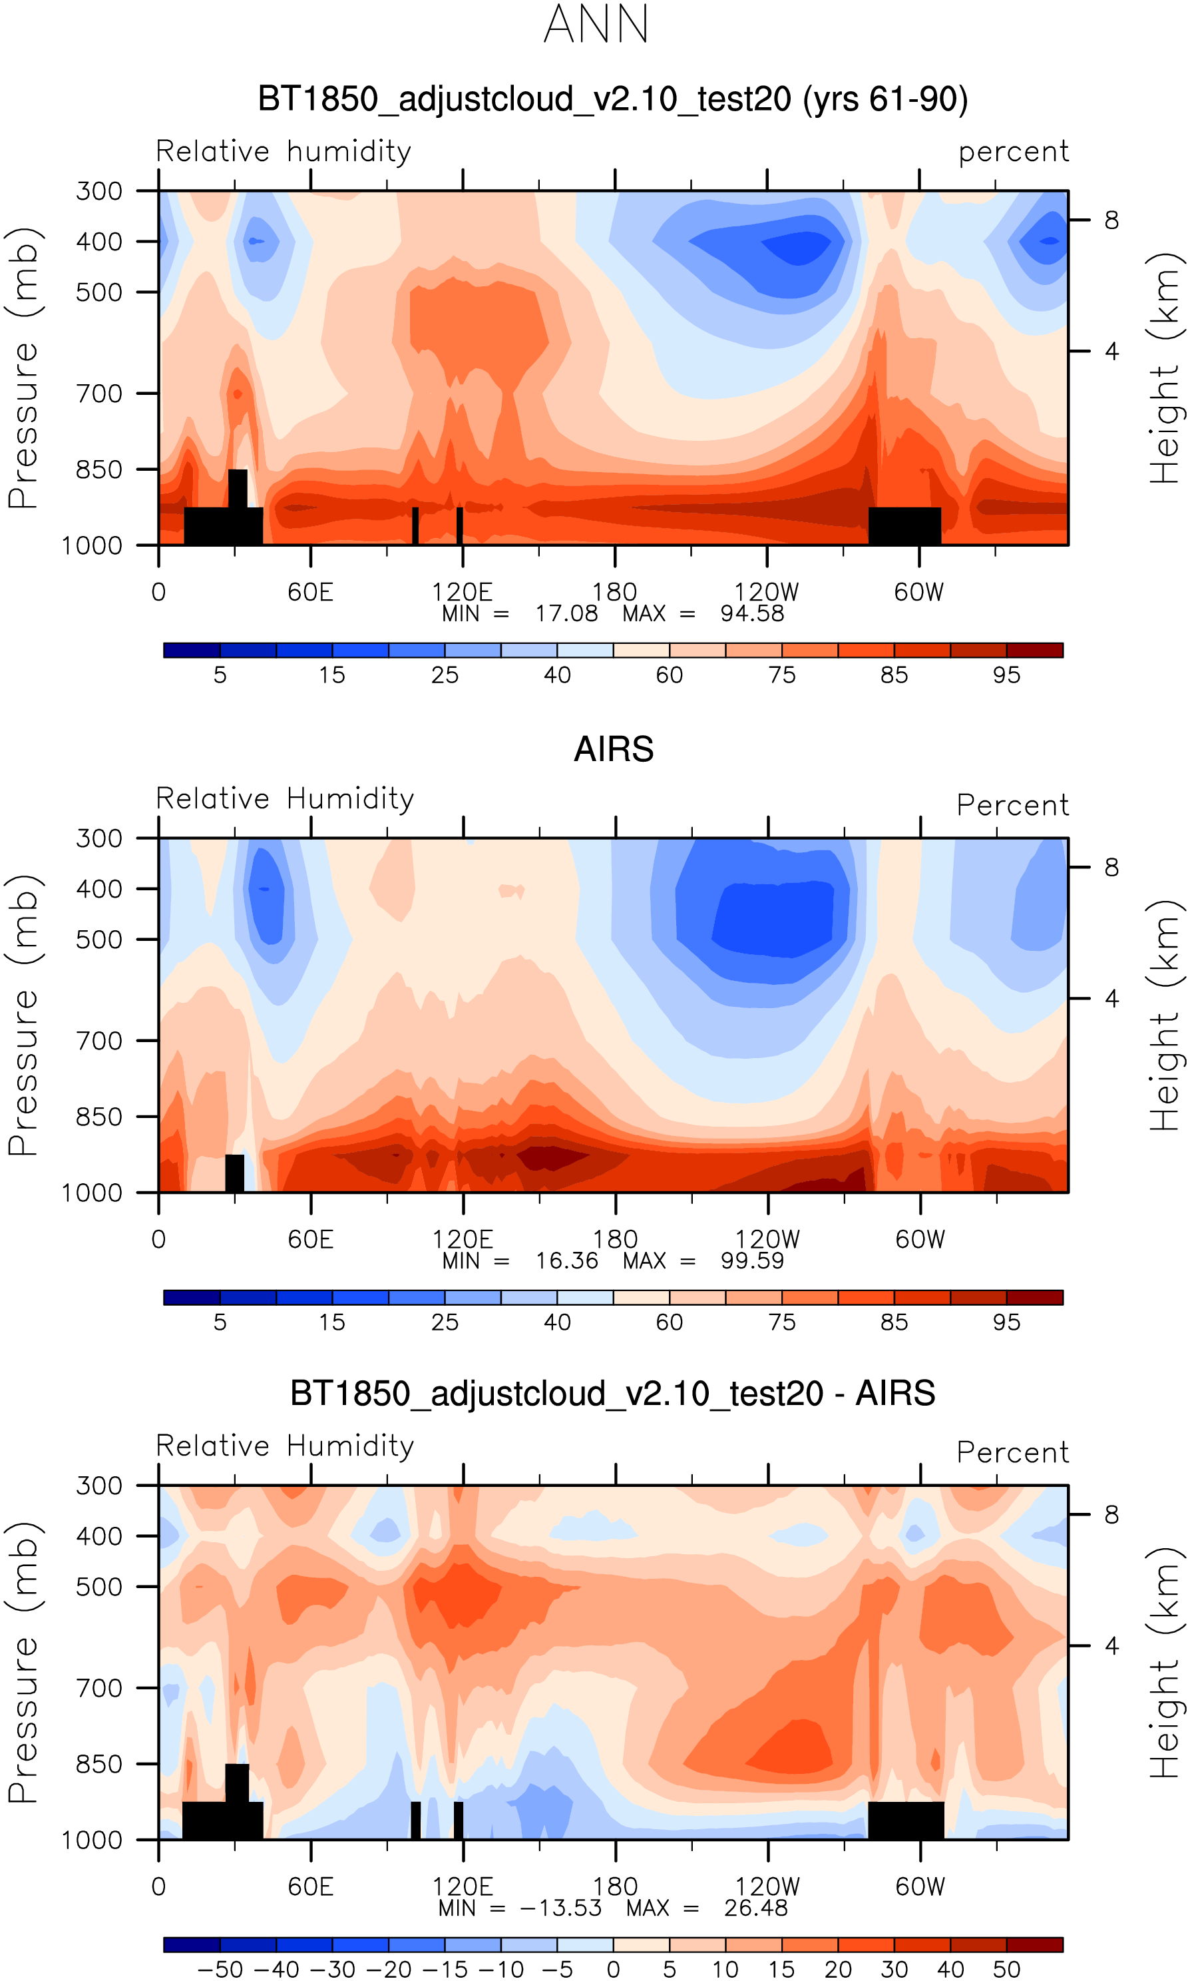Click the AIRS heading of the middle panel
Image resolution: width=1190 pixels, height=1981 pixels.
pyautogui.click(x=614, y=749)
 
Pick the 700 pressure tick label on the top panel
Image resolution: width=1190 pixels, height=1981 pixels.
pyautogui.click(x=99, y=394)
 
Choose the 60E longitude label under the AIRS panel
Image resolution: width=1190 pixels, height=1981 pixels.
pyautogui.click(x=310, y=1240)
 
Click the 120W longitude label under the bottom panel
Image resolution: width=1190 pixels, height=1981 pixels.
pyautogui.click(x=767, y=1886)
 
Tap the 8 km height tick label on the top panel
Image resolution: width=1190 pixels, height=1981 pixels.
pyautogui.click(x=1111, y=220)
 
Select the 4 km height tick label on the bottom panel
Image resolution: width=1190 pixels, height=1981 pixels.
pyautogui.click(x=1111, y=1646)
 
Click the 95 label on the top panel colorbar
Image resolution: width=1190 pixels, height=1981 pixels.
pyautogui.click(x=1006, y=675)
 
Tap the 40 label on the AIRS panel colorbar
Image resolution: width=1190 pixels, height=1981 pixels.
pyautogui.click(x=557, y=1322)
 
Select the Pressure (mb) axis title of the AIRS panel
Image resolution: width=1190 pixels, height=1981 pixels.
pyautogui.click(x=24, y=1015)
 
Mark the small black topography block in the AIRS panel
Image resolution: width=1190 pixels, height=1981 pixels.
pyautogui.click(x=234, y=1173)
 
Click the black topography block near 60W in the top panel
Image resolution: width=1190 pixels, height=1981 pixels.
pyautogui.click(x=904, y=525)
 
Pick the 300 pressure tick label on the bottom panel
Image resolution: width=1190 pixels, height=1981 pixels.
pyautogui.click(x=99, y=1486)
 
